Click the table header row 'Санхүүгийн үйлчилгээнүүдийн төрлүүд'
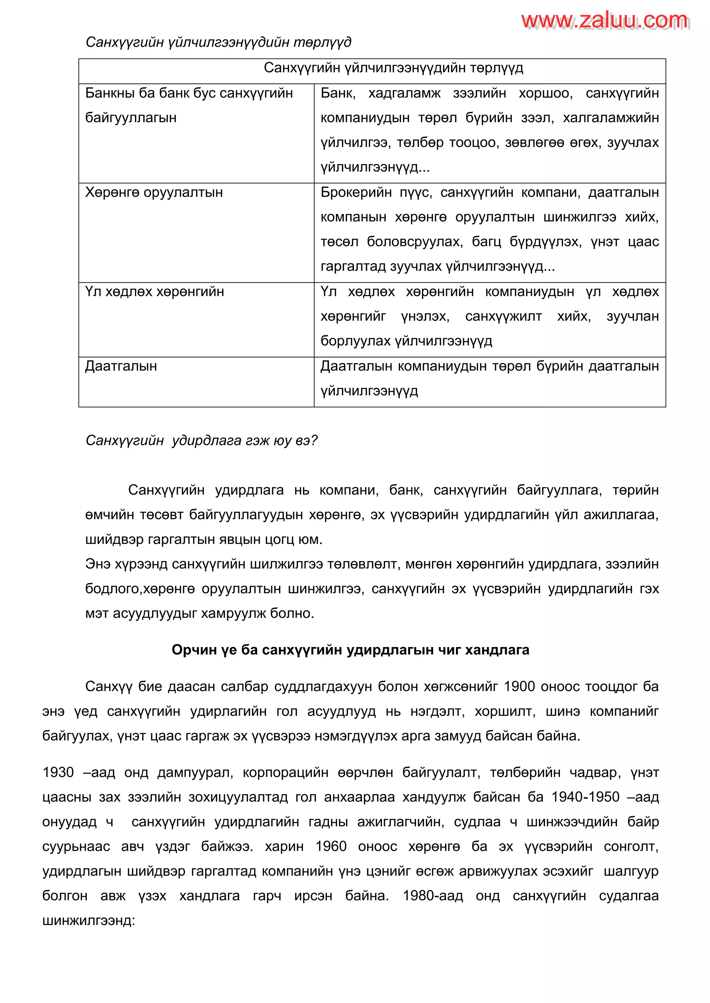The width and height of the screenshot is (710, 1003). click(393, 68)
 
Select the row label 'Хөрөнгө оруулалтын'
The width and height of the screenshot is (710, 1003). click(154, 193)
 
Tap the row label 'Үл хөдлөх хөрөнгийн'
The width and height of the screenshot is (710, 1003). click(154, 292)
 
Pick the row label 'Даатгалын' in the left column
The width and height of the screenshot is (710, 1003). click(121, 366)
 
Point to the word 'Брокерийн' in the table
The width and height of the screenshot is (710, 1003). click(356, 193)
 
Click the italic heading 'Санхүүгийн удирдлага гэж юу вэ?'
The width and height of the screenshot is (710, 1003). click(201, 440)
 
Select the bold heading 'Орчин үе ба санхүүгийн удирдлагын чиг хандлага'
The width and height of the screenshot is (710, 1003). click(350, 650)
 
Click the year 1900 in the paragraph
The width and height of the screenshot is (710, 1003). click(519, 687)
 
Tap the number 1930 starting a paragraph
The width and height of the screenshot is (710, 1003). click(58, 772)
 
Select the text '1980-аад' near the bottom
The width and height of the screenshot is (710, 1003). click(432, 896)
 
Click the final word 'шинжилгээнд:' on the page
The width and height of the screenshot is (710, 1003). click(89, 921)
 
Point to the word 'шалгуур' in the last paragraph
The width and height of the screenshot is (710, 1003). click(631, 871)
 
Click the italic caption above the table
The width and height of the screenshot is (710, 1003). click(218, 42)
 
